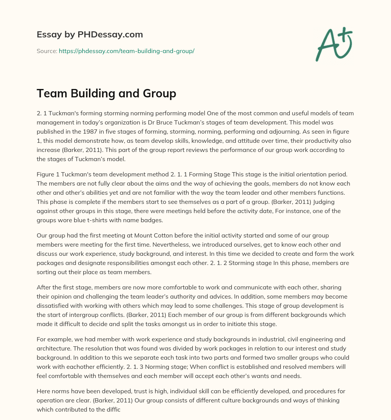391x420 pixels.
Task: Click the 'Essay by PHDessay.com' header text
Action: click(90, 35)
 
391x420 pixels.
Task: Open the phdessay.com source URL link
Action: click(126, 51)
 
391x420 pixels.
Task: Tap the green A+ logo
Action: click(333, 45)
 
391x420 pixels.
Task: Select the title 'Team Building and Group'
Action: click(106, 94)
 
